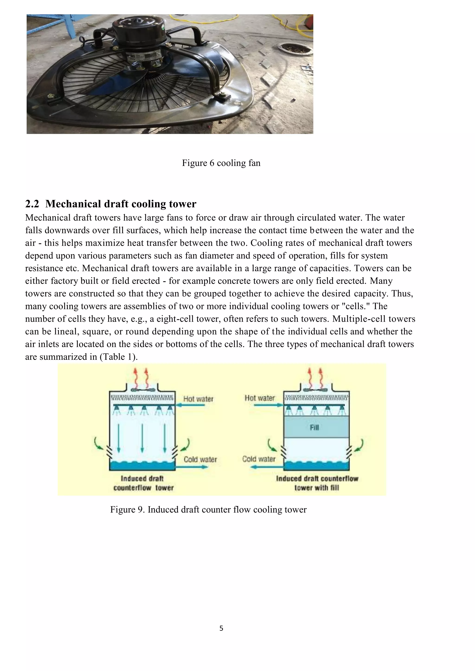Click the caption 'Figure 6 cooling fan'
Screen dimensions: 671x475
[x=221, y=163]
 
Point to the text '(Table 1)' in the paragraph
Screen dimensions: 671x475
[x=118, y=357]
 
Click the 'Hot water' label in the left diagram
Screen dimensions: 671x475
[x=198, y=399]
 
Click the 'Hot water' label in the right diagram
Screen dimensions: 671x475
[x=260, y=398]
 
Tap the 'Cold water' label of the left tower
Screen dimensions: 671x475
[x=200, y=459]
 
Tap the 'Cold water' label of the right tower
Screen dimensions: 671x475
[x=259, y=459]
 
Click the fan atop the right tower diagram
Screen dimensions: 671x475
[x=316, y=389]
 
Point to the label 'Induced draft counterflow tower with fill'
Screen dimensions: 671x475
[x=317, y=483]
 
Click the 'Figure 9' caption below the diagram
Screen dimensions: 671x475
[x=208, y=509]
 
